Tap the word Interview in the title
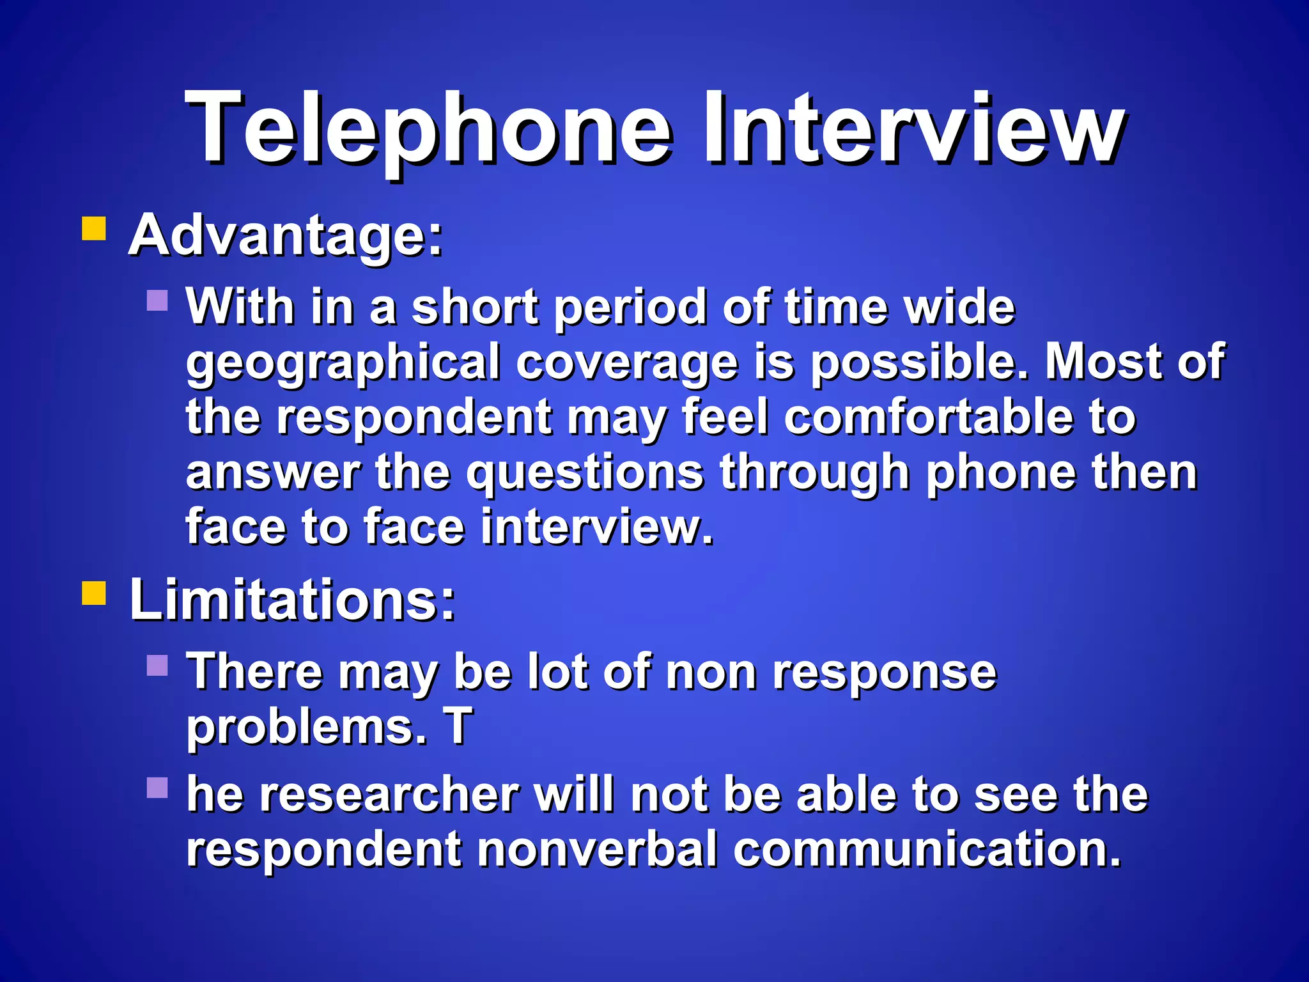pos(914,128)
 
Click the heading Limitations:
pos(293,600)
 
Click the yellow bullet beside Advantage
pos(94,228)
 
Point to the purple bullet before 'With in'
pos(157,300)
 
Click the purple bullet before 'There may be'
pos(157,665)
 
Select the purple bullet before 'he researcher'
pos(157,788)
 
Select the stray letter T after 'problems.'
pos(458,726)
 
